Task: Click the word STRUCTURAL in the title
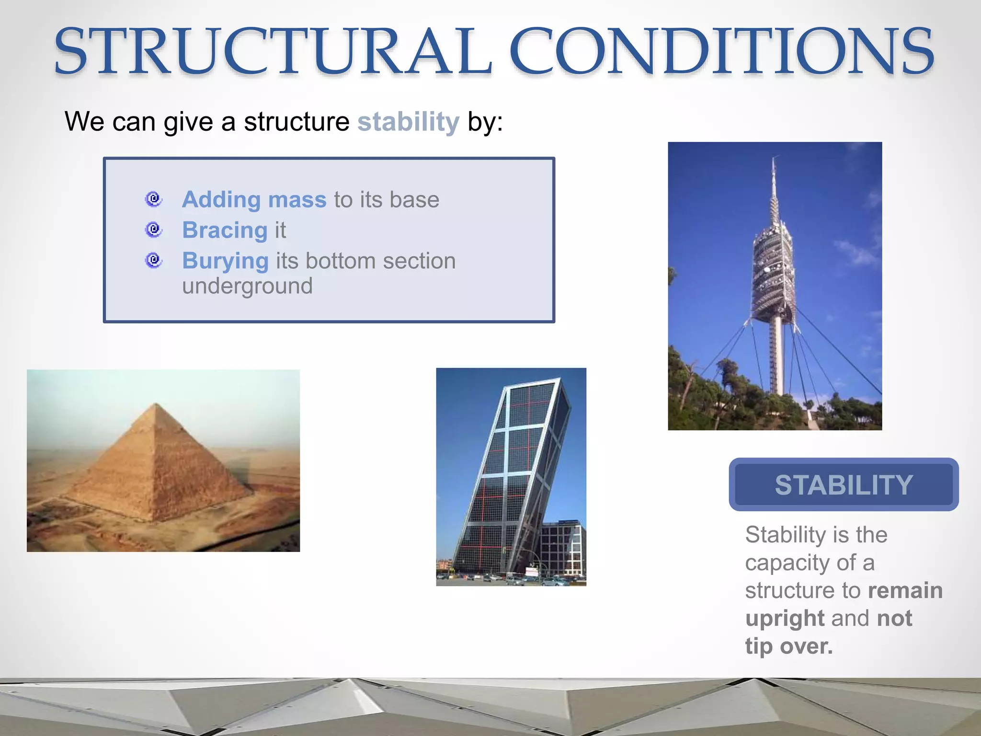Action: tap(273, 52)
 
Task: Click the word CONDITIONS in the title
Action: tap(721, 52)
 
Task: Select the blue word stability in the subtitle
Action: tap(408, 122)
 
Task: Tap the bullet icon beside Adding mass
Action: tap(154, 199)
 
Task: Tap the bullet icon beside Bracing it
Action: tap(154, 230)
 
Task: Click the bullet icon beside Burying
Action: tap(154, 260)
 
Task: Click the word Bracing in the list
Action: tap(225, 230)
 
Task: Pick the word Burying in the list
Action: tap(225, 261)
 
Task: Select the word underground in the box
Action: tap(247, 287)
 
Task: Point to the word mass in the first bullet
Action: tap(297, 199)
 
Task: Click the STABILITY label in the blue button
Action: tap(844, 485)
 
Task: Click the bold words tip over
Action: tap(788, 646)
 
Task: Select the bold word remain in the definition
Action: tap(905, 590)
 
